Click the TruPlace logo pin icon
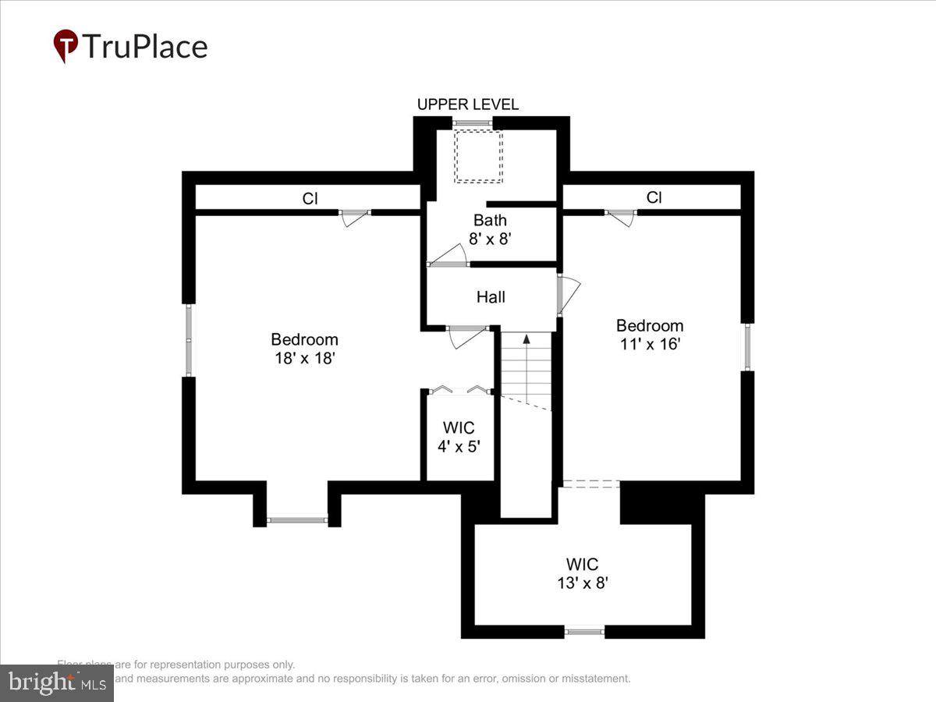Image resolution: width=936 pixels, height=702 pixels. pos(66,46)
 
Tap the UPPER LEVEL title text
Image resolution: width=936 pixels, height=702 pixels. pos(467,105)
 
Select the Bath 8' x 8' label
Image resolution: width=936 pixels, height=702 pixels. pos(490,229)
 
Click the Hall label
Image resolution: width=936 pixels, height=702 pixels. pos(491,297)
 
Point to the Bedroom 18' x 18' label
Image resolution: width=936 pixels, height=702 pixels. pos(304,349)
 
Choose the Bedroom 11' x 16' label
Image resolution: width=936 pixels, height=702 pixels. pos(650,335)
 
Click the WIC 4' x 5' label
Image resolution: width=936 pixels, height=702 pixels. pos(459,437)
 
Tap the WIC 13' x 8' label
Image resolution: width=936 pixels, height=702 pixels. pos(583,573)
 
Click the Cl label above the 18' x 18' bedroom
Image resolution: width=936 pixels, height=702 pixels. pos(310,199)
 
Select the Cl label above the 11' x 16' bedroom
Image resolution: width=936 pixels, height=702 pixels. pos(654,198)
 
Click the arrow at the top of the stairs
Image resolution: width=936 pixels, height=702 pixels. pos(526,339)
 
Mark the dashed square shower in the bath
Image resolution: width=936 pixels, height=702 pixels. pos(478,156)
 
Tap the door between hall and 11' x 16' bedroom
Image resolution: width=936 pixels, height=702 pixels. pos(568,295)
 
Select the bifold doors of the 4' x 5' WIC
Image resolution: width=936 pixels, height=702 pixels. pos(459,390)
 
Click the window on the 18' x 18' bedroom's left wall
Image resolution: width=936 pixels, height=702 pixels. pos(189,339)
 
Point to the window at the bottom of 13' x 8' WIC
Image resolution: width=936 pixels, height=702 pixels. pos(584,631)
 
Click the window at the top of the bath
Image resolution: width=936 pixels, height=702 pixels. pos(472,123)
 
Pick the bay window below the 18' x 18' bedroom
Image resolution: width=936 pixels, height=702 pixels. pos(297,519)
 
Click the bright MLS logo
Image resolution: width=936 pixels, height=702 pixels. pos(56,683)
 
